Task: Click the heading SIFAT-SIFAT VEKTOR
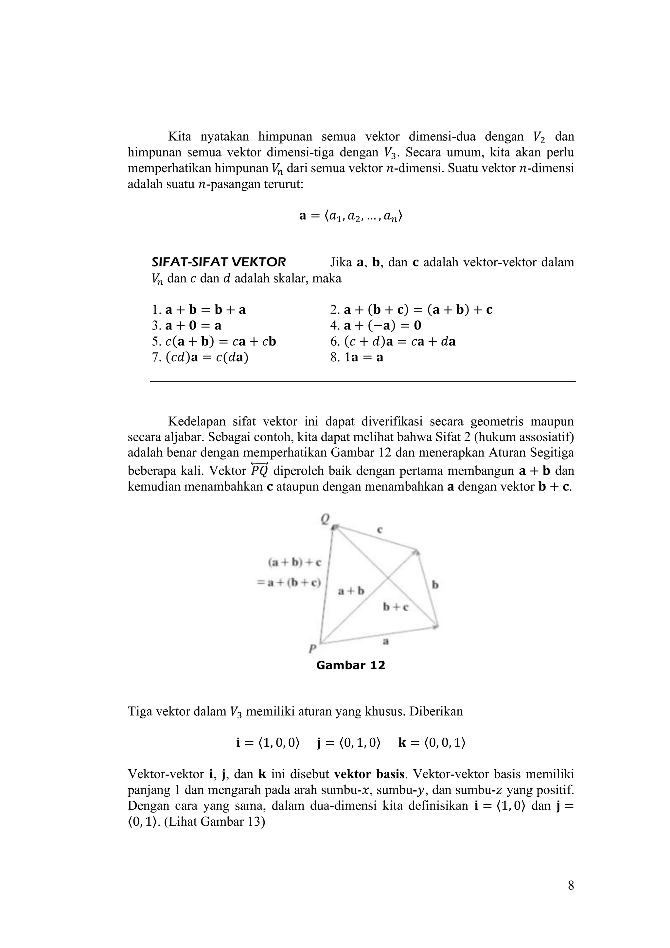tap(219, 262)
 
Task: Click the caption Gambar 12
tap(350, 665)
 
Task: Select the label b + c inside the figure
tap(396, 607)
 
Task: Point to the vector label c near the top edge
tap(379, 529)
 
